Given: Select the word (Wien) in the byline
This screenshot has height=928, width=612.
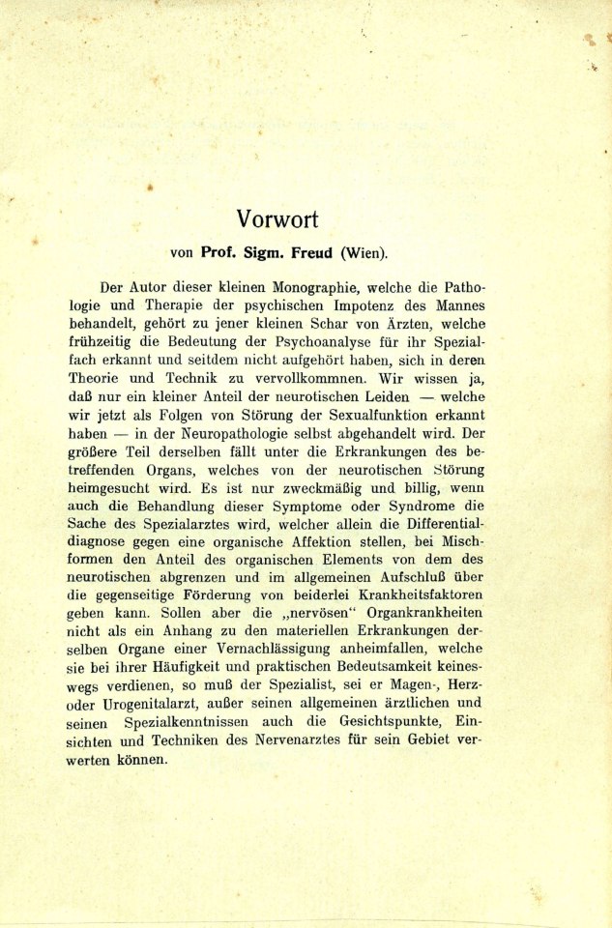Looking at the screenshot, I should coord(364,253).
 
